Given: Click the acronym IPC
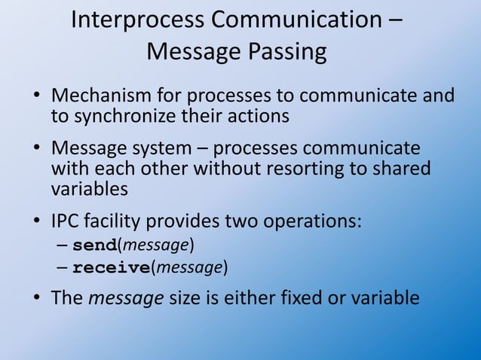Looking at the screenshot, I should [66, 223].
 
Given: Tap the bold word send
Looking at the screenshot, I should [95, 246].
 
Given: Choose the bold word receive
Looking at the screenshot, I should [111, 267].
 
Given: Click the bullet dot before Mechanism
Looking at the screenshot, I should [36, 98].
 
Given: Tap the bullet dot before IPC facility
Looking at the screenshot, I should [36, 224].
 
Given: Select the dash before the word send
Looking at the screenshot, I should [63, 246].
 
